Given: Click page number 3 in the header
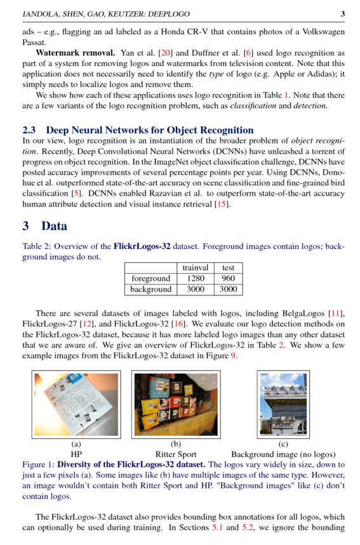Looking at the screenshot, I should tap(342, 13).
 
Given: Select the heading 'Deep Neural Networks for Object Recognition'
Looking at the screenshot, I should tap(149, 130).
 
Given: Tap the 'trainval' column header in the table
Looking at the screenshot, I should tap(195, 268).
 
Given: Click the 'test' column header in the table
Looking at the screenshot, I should tap(227, 268).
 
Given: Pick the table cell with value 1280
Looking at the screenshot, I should tap(195, 278).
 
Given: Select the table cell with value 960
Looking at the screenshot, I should tap(227, 278).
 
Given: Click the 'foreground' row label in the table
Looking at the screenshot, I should tap(151, 278).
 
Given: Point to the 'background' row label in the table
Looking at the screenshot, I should tap(151, 289).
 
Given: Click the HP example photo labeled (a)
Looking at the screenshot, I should tap(76, 404).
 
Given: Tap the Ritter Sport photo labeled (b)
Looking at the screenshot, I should tap(176, 404).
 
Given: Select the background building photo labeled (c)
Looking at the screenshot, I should tap(283, 404).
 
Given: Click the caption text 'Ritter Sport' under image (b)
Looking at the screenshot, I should tap(176, 454).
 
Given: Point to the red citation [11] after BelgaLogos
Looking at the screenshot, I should tap(335, 313).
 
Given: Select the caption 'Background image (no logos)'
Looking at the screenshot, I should tap(283, 454).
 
